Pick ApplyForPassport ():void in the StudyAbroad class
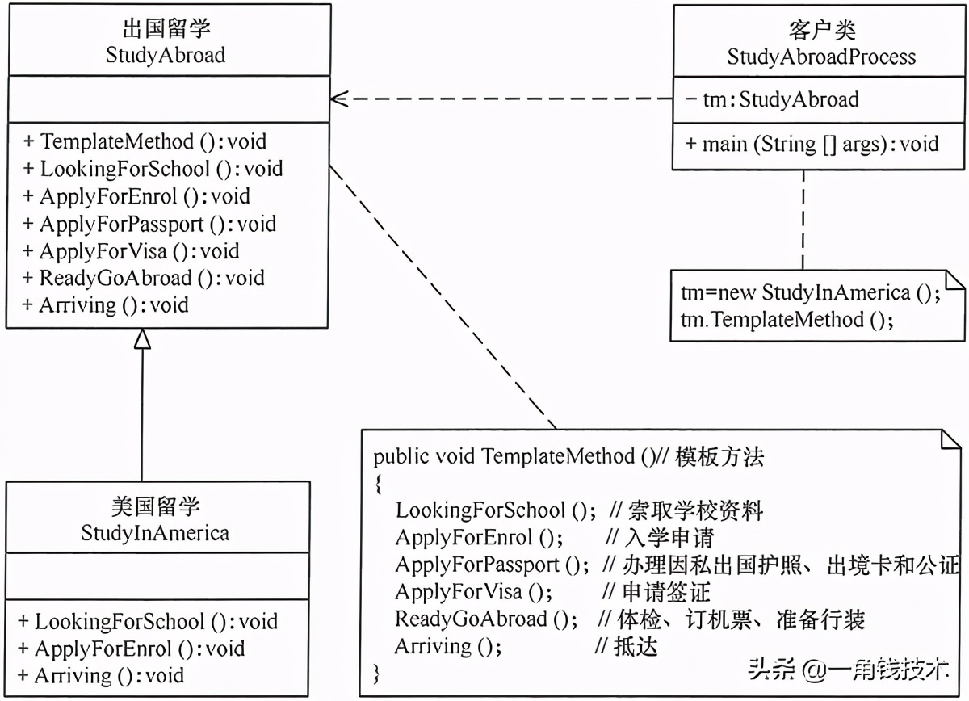click(x=150, y=224)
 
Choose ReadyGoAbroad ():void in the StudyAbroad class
click(x=144, y=278)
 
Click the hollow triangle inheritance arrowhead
click(x=142, y=340)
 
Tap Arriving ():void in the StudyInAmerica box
click(x=101, y=675)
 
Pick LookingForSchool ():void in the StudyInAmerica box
click(x=148, y=621)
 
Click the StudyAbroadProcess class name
click(x=821, y=57)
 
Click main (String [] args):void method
click(x=812, y=144)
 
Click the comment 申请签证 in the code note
click(x=667, y=592)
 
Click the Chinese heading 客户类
click(x=821, y=31)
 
